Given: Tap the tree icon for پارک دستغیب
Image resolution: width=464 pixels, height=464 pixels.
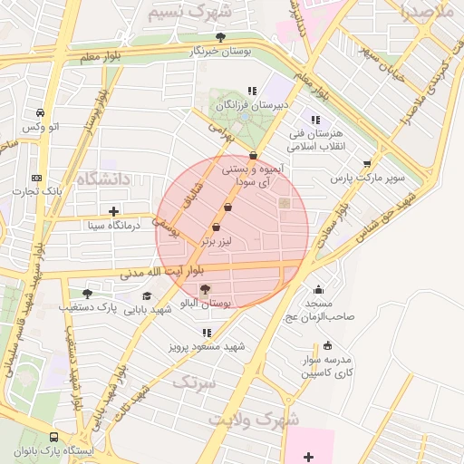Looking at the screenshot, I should point(87,293).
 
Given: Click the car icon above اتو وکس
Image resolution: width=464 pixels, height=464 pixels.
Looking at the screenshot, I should point(41,112).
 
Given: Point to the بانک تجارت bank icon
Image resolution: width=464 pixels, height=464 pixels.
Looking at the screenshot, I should point(36,178).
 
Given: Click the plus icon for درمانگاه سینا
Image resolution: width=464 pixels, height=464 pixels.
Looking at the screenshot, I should point(113,211).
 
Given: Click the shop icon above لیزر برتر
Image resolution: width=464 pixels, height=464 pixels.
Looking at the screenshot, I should point(215,227).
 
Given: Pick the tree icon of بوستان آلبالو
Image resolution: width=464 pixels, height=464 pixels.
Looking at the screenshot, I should point(205,289).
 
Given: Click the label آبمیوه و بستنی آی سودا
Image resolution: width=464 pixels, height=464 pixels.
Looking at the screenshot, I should point(253,175).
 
